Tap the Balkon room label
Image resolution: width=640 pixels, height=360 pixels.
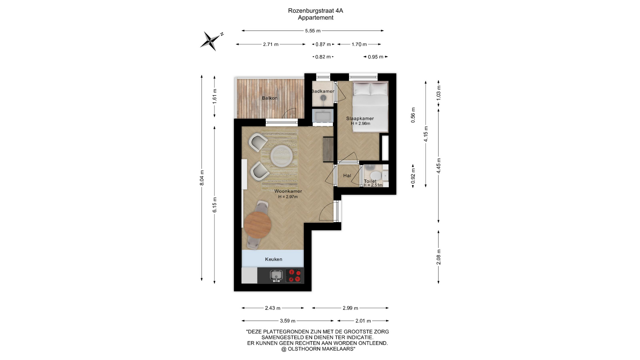pos(270,98)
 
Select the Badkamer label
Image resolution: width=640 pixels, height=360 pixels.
pos(323,91)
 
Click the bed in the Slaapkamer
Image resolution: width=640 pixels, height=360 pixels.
pos(371,107)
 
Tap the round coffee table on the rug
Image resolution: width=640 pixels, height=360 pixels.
pos(282,155)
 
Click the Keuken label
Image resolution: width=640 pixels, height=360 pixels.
pos(274,259)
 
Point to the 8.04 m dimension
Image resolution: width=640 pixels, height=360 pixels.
pos(202,178)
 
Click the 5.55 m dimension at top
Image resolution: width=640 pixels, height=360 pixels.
pos(313,31)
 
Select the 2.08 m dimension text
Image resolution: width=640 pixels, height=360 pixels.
pos(439,257)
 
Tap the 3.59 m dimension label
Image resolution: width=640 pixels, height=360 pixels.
pos(288,321)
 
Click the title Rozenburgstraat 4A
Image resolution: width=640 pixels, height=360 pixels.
pos(316,11)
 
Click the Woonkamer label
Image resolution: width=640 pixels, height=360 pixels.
pos(288,191)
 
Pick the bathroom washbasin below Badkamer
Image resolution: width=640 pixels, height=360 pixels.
pos(323,117)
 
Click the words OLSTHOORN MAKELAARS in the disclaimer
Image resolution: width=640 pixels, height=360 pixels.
pos(321,349)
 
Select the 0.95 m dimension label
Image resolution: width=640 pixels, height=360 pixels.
pos(376,57)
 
